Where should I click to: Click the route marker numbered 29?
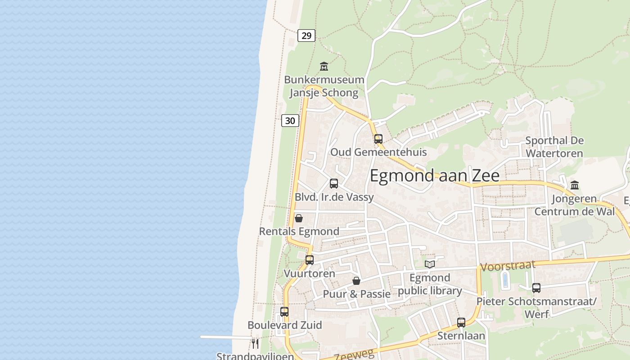click(306, 36)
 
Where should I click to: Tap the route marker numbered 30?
click(290, 121)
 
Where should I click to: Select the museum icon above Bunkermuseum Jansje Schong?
click(324, 67)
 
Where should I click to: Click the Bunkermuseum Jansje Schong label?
click(324, 86)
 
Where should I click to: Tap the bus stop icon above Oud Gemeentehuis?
click(378, 139)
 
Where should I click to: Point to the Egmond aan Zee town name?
click(434, 175)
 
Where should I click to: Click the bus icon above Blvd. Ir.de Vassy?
click(334, 183)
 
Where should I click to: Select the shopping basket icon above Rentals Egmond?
click(298, 218)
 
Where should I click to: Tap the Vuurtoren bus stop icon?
click(310, 260)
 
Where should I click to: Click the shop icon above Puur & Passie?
click(356, 281)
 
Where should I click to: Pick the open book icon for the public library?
click(430, 264)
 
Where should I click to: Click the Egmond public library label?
click(430, 284)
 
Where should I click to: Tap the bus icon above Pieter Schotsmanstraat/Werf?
click(536, 288)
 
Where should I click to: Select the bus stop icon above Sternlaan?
click(461, 322)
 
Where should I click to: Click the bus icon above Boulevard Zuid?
click(284, 311)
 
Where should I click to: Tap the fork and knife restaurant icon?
click(255, 344)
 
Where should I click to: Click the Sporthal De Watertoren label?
click(554, 147)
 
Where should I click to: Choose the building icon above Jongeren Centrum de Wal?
click(575, 185)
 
